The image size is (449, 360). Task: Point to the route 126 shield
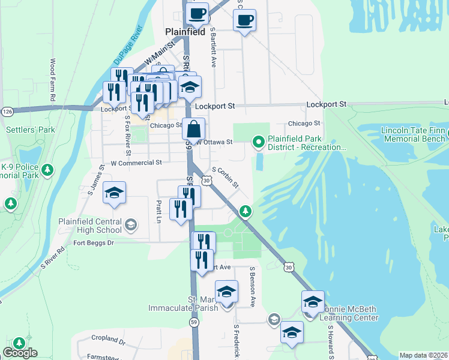click(7, 112)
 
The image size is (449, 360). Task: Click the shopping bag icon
click(194, 129)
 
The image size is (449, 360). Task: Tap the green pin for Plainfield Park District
click(259, 142)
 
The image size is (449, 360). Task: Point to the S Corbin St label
click(225, 176)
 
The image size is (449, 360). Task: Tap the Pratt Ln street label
click(159, 211)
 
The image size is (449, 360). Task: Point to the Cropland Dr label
click(105, 340)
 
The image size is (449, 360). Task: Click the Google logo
click(20, 353)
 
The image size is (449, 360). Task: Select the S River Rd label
click(52, 257)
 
